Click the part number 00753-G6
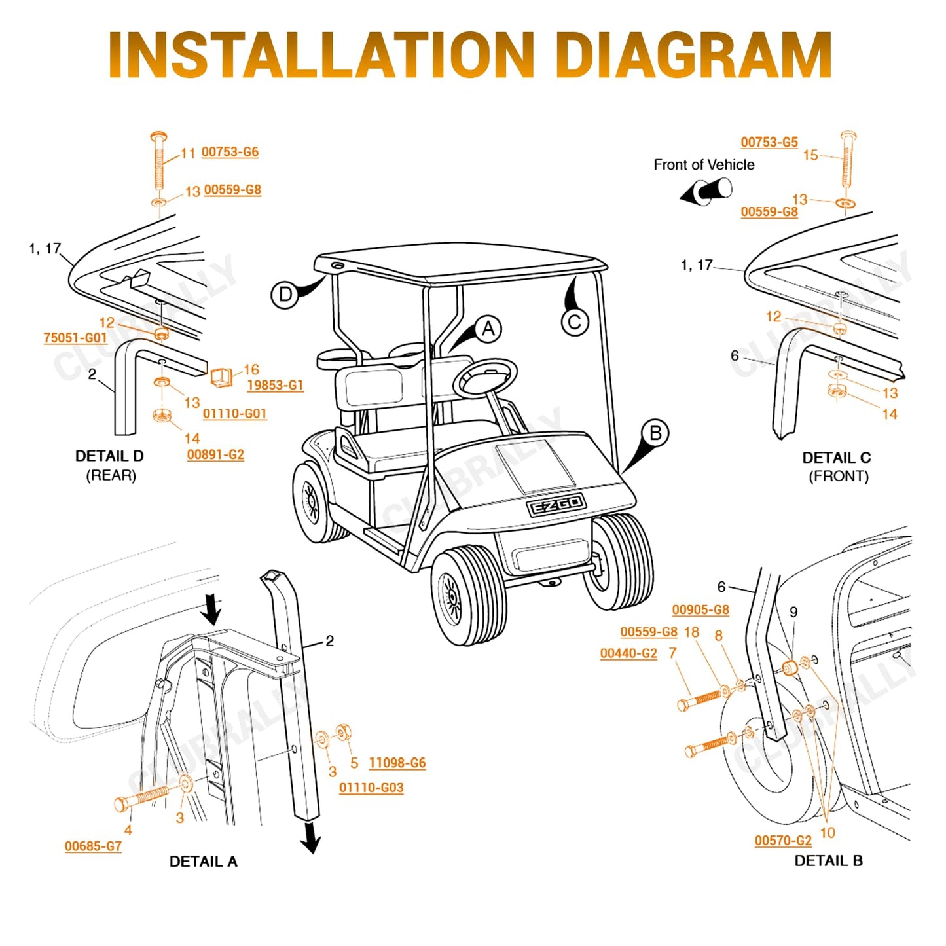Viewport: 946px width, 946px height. pos(230,152)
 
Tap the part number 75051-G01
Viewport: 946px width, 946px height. pos(75,338)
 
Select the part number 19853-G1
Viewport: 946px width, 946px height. pos(275,385)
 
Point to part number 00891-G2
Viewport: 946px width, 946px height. pos(215,454)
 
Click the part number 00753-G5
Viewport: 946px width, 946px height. pos(769,142)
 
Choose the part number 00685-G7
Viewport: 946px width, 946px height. pos(93,846)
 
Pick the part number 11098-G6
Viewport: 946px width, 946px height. pos(397,763)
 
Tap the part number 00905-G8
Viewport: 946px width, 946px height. pos(700,609)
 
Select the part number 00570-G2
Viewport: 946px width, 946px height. pos(783,841)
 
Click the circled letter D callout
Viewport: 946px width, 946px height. pos(285,295)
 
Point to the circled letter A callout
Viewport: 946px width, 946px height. pos(488,329)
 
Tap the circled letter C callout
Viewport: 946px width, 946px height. pos(575,322)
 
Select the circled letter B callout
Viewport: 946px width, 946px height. pos(655,433)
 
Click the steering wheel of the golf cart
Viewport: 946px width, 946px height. pos(485,378)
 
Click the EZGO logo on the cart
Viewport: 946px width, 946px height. pos(556,505)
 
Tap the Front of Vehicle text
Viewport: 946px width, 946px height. pos(704,165)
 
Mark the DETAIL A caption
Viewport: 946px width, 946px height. pos(203,862)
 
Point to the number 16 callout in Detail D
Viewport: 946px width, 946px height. pos(251,369)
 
